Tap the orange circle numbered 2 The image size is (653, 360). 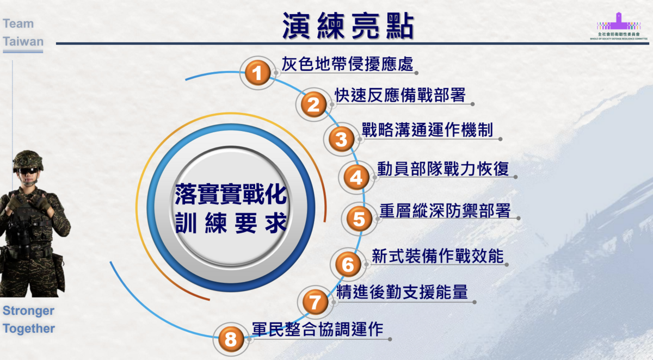[313, 104]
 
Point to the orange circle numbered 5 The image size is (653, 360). [359, 219]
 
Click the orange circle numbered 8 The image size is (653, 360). [231, 340]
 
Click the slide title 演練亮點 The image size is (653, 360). [348, 25]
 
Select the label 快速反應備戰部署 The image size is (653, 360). [401, 95]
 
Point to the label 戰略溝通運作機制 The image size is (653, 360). [428, 130]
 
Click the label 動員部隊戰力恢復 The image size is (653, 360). [443, 169]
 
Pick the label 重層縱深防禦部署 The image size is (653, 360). [445, 210]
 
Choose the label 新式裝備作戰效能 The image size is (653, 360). [438, 256]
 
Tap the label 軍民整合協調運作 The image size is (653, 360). [318, 329]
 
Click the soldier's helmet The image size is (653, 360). [27, 158]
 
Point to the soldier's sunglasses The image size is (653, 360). [28, 170]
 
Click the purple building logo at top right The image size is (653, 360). [619, 22]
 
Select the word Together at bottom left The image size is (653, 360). [29, 328]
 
